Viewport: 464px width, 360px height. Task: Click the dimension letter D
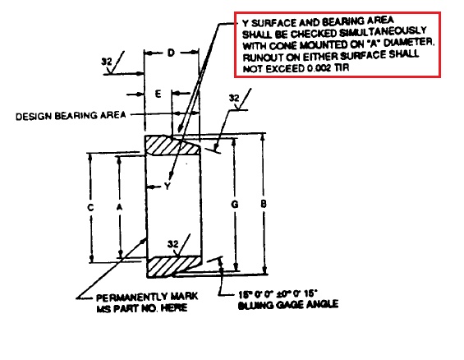tap(171, 53)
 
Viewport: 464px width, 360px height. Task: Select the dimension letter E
tap(158, 95)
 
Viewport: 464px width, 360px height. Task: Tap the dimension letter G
tap(234, 204)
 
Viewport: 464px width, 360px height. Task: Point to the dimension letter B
tap(264, 204)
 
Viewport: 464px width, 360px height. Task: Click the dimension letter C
tap(90, 207)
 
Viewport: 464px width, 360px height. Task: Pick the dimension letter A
tap(119, 207)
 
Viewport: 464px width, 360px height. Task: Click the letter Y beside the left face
tap(168, 187)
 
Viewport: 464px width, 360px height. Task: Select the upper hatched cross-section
tap(171, 145)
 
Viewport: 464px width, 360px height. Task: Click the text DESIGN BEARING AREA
tap(71, 115)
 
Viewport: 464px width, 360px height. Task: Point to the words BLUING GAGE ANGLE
tap(288, 305)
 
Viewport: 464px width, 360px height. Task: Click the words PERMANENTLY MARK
tap(147, 297)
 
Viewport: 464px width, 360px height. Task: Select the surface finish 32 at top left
tap(107, 62)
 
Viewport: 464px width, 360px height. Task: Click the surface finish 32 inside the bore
tap(173, 244)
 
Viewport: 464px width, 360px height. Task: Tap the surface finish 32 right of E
tap(234, 98)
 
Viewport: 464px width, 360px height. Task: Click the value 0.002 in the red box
tap(319, 68)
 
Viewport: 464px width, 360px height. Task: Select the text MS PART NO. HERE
tap(142, 308)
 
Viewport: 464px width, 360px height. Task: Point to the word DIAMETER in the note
tap(409, 44)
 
